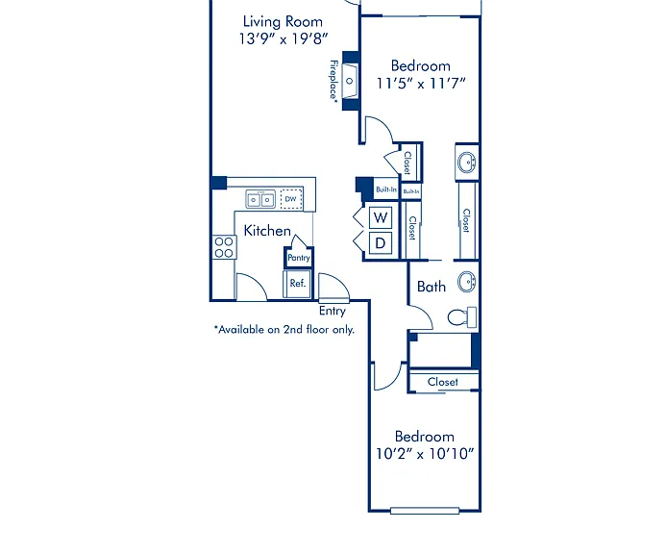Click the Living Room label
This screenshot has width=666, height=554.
pyautogui.click(x=283, y=22)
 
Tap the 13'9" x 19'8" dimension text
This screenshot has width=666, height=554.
pyautogui.click(x=284, y=39)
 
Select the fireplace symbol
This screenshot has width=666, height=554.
pyautogui.click(x=350, y=81)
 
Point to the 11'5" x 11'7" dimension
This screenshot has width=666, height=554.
pyautogui.click(x=421, y=83)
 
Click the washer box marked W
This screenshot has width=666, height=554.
pyautogui.click(x=381, y=217)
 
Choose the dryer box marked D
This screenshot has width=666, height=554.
pyautogui.click(x=381, y=243)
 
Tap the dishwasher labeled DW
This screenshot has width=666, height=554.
pyautogui.click(x=291, y=198)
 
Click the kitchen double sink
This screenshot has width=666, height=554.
pyautogui.click(x=260, y=199)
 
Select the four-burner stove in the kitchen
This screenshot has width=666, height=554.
pyautogui.click(x=224, y=247)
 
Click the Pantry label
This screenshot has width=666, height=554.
pyautogui.click(x=299, y=258)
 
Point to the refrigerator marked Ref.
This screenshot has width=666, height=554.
pyautogui.click(x=298, y=283)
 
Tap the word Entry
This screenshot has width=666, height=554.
pyautogui.click(x=333, y=311)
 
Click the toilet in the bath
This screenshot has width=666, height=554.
pyautogui.click(x=462, y=317)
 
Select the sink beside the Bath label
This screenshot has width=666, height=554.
pyautogui.click(x=467, y=282)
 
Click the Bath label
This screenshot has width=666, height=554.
pyautogui.click(x=432, y=287)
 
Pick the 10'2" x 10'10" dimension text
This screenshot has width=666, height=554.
pyautogui.click(x=425, y=454)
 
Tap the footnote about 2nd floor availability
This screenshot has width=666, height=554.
pyautogui.click(x=284, y=330)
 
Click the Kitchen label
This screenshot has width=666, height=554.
pyautogui.click(x=267, y=231)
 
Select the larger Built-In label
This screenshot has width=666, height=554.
pyautogui.click(x=386, y=189)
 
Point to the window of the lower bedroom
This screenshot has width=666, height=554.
pyautogui.click(x=425, y=511)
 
